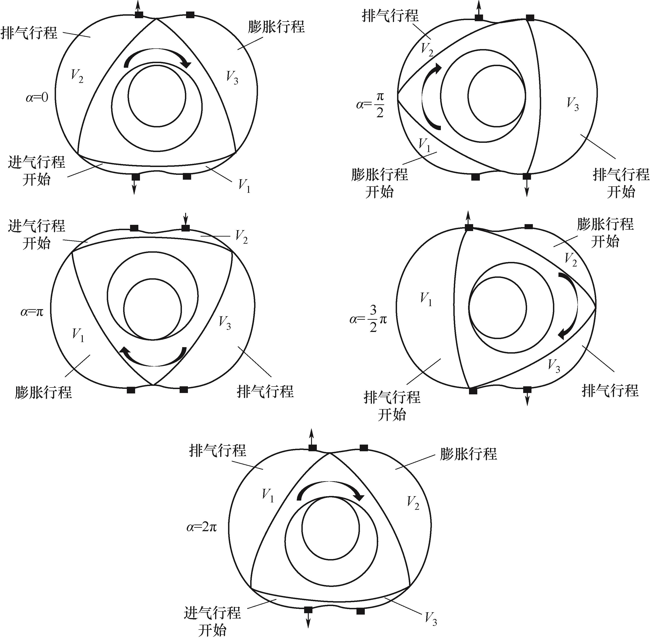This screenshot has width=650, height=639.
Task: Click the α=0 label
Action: point(37,98)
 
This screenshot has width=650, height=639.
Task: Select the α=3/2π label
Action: point(368,319)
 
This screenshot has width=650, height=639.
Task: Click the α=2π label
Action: point(202,527)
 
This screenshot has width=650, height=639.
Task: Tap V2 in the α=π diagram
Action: point(241,236)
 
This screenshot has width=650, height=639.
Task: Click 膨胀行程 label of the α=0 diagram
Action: point(276,27)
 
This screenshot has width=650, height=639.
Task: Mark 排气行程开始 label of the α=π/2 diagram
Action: point(621,183)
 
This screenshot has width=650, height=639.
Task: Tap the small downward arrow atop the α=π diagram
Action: point(185,218)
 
